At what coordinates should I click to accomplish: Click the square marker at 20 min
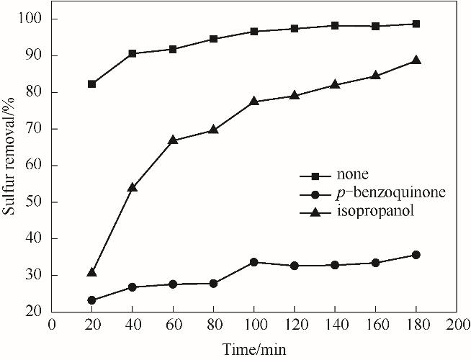(91, 84)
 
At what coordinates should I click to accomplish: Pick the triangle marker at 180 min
(416, 60)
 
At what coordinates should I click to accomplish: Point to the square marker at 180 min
(416, 24)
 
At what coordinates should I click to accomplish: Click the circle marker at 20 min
(91, 300)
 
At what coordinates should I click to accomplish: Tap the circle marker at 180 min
(416, 255)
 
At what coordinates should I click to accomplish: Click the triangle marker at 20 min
(91, 272)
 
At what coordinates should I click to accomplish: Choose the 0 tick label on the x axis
(51, 325)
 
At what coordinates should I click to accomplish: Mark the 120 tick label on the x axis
(294, 325)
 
